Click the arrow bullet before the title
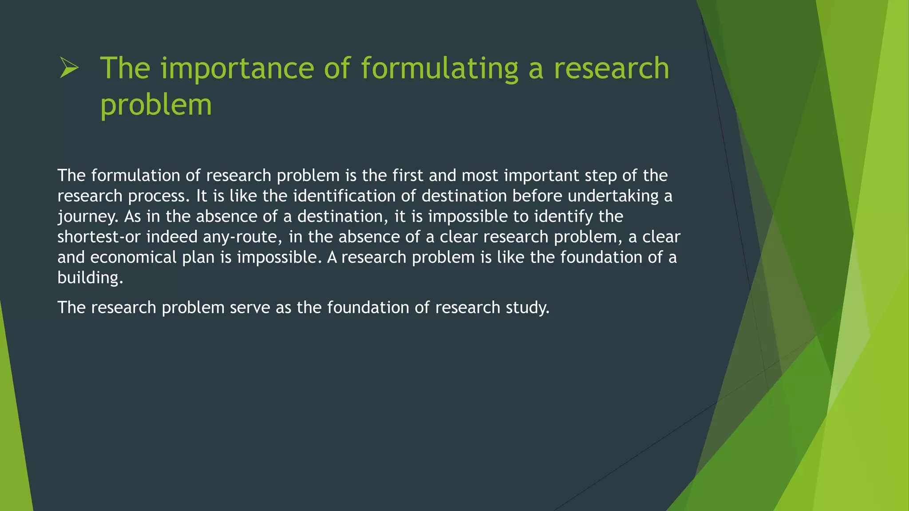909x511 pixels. click(69, 69)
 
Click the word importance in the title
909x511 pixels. click(237, 69)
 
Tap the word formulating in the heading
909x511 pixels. click(439, 69)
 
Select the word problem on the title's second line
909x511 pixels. click(156, 106)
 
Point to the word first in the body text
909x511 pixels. click(407, 176)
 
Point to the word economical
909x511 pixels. click(134, 257)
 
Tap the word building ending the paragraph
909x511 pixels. click(90, 278)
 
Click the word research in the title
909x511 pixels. click(611, 69)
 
